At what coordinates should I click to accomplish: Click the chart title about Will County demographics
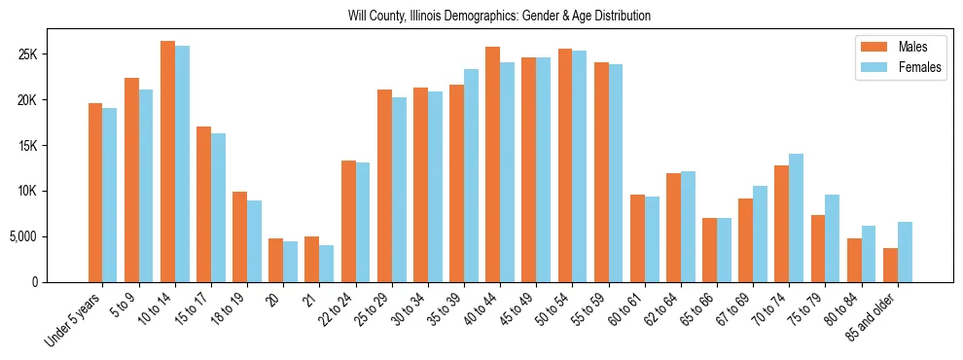(x=499, y=17)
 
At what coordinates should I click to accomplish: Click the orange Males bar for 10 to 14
(x=167, y=162)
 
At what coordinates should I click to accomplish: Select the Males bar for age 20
(x=275, y=260)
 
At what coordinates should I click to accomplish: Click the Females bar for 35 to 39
(x=471, y=175)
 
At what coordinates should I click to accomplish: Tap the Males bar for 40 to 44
(x=492, y=164)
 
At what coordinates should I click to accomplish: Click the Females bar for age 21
(x=327, y=264)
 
